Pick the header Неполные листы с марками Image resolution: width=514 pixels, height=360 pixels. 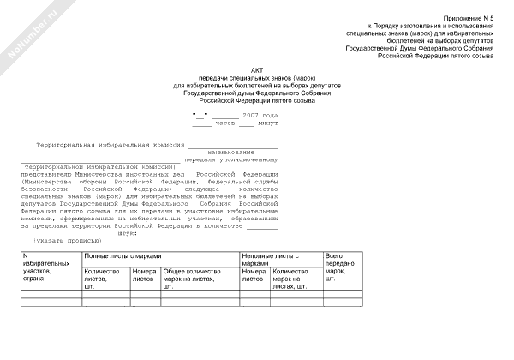pyautogui.click(x=272, y=260)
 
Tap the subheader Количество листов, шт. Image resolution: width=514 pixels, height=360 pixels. pyautogui.click(x=102, y=279)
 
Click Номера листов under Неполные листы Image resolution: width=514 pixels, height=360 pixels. pyautogui.click(x=254, y=275)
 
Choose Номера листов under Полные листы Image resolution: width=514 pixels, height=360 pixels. pyautogui.click(x=145, y=275)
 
